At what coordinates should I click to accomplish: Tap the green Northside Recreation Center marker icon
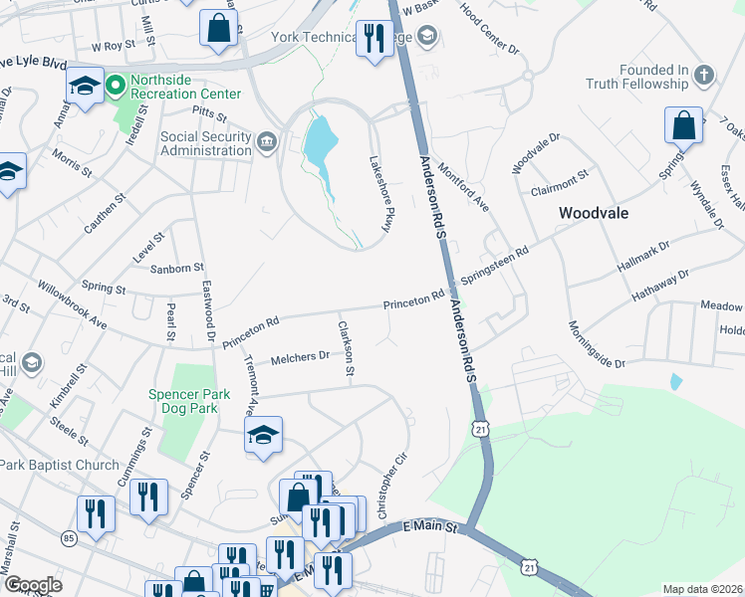[117, 87]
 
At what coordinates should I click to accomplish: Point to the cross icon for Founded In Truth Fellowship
[703, 77]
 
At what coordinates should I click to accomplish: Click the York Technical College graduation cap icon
[427, 38]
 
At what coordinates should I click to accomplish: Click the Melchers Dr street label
[299, 357]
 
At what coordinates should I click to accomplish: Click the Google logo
[33, 585]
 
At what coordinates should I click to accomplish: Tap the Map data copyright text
[702, 589]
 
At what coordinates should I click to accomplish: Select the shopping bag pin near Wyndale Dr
[683, 126]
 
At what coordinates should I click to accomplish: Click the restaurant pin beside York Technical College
[373, 39]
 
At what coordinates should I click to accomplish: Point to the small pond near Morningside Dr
[676, 381]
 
